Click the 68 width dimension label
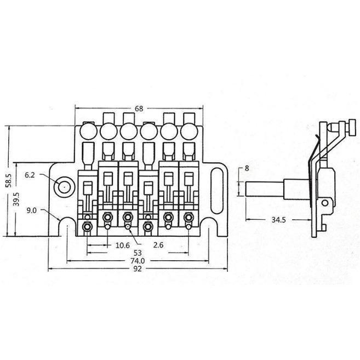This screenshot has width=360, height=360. pos(139,108)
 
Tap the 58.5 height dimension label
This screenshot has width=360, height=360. pos(8,180)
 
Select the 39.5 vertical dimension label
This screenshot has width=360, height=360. pos(16,199)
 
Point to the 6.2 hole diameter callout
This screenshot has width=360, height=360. pos(30,175)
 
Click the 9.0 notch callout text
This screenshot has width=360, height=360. pos(31,210)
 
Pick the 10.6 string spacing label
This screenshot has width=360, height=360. pos(123,245)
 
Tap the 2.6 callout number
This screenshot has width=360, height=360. pos(158,245)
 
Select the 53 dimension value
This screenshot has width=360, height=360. pos(138,253)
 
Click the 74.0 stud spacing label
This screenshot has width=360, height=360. pos(138,261)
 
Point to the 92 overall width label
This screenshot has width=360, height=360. pos(138,268)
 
